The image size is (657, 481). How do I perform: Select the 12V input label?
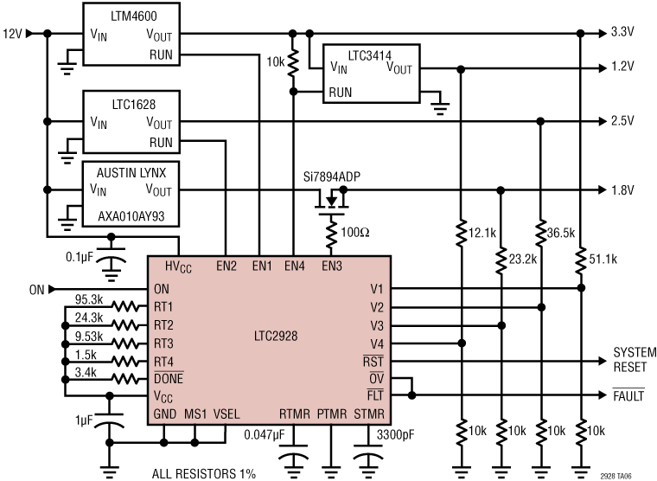pyautogui.click(x=13, y=34)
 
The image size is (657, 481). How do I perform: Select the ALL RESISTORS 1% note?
pyautogui.click(x=205, y=472)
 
